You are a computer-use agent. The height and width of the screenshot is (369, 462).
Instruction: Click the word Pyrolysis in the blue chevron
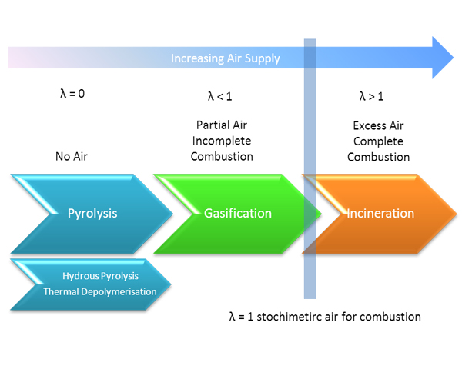click(x=92, y=214)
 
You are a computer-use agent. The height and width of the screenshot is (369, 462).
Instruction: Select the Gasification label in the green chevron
click(x=238, y=214)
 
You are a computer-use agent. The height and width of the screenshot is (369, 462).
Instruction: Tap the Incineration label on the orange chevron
click(x=380, y=214)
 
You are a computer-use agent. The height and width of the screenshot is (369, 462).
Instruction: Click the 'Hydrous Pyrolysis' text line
click(x=100, y=276)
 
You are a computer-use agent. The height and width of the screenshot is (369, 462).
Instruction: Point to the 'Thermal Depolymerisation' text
click(x=100, y=291)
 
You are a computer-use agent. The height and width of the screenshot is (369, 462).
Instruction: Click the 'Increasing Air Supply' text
click(x=226, y=58)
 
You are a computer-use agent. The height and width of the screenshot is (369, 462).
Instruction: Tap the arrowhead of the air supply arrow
click(x=443, y=58)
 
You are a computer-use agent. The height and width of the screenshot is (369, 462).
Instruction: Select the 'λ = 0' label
click(x=72, y=94)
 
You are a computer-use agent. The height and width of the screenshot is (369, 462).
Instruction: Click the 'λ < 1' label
click(x=219, y=96)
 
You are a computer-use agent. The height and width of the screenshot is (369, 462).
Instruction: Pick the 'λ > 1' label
click(x=372, y=96)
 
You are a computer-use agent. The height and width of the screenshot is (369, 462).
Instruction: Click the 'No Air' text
click(x=72, y=157)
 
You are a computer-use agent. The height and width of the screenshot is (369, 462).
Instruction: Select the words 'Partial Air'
click(x=222, y=125)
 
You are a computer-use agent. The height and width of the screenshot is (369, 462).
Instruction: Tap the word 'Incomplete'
click(x=222, y=141)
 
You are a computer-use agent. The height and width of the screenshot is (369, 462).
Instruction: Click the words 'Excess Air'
click(x=378, y=125)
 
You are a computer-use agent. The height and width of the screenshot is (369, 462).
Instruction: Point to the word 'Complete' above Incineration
click(x=378, y=141)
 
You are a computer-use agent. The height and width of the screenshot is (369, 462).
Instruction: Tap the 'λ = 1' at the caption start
click(x=241, y=317)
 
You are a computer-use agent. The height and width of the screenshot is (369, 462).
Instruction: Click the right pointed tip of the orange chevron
click(x=457, y=213)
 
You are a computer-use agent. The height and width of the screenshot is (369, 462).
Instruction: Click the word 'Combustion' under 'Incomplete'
click(x=222, y=157)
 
